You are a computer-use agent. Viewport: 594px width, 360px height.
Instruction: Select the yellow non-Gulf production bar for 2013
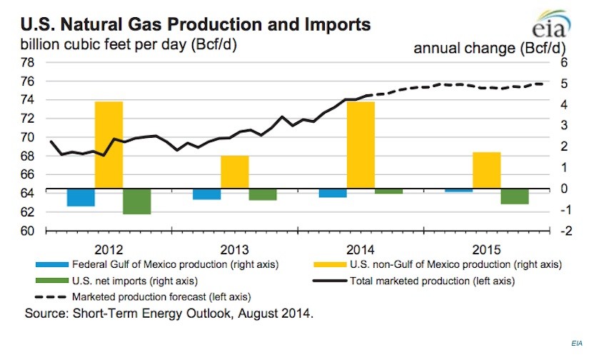(x=234, y=172)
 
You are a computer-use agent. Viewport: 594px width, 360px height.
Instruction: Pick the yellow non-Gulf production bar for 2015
(x=486, y=171)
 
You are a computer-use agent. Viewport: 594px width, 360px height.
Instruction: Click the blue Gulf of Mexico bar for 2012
(x=81, y=197)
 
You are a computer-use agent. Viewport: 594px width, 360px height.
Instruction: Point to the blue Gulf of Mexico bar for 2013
(x=207, y=194)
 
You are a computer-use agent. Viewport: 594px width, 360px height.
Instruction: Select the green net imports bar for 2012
(x=136, y=201)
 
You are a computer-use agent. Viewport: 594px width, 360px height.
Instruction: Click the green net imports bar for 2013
(x=262, y=194)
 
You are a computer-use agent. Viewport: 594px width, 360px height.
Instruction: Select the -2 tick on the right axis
(x=561, y=231)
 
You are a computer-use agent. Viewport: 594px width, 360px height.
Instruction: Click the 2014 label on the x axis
(x=361, y=250)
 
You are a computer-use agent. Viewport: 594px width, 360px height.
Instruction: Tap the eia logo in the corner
(x=550, y=24)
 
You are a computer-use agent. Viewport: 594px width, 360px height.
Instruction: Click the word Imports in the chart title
(x=330, y=24)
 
